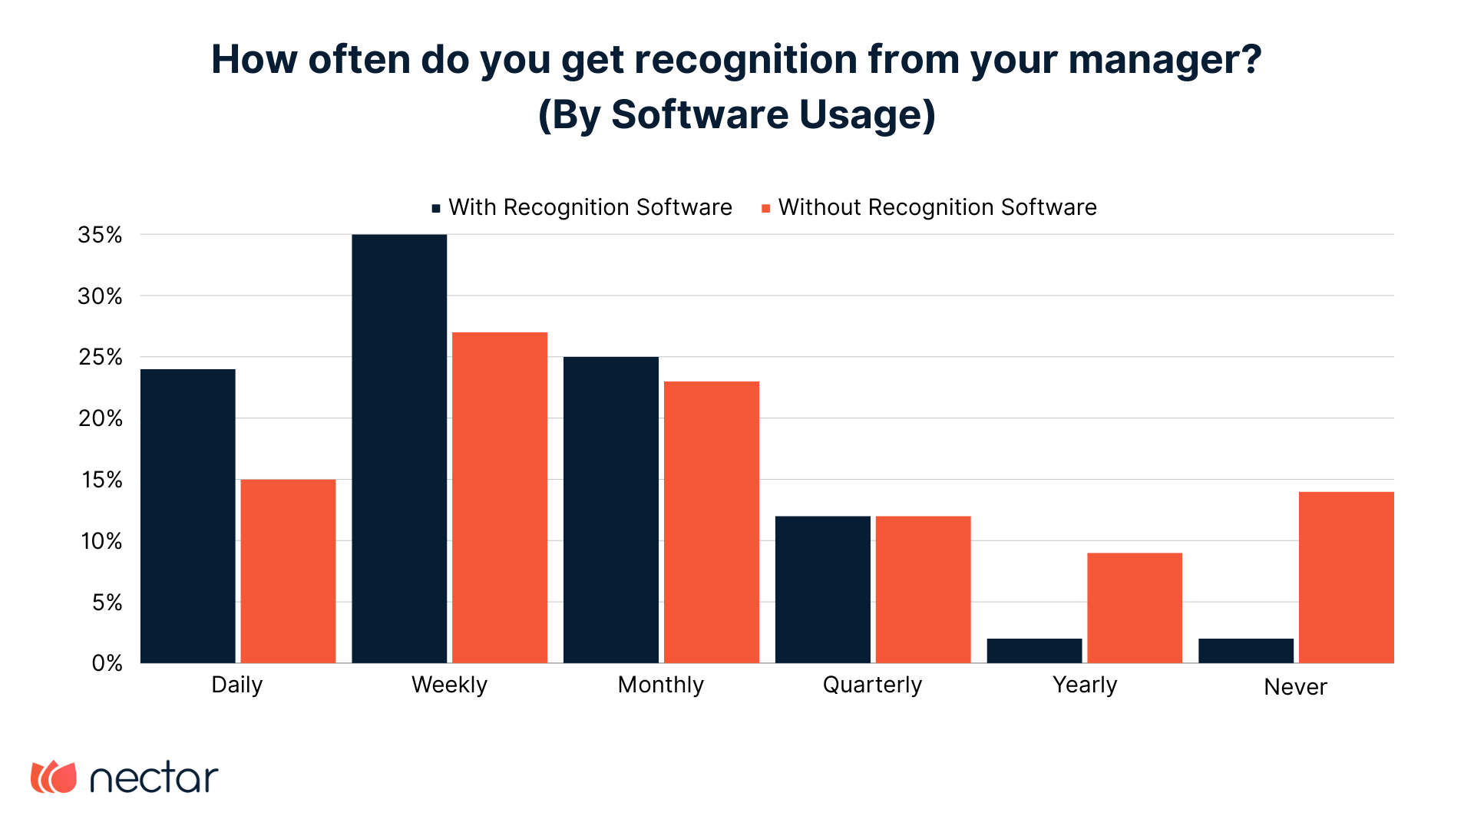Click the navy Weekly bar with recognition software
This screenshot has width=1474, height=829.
pyautogui.click(x=399, y=448)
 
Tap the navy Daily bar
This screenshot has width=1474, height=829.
pyautogui.click(x=188, y=516)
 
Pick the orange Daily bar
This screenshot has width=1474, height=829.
pyautogui.click(x=288, y=571)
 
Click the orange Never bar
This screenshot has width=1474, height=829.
pyautogui.click(x=1346, y=577)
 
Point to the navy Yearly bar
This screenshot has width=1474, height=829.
pyautogui.click(x=1034, y=651)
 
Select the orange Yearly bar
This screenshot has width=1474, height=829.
pyautogui.click(x=1135, y=608)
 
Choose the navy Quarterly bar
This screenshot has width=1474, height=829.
pyautogui.click(x=823, y=590)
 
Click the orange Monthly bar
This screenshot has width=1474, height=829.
pyautogui.click(x=712, y=522)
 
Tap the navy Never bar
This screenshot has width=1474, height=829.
pyautogui.click(x=1246, y=651)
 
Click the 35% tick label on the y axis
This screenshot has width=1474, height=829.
pyautogui.click(x=100, y=235)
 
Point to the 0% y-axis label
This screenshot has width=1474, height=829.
pyautogui.click(x=107, y=663)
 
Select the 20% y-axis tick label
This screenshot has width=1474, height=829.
pyautogui.click(x=100, y=418)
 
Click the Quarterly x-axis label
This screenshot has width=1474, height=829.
pyautogui.click(x=872, y=685)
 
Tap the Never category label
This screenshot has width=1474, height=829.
pyautogui.click(x=1295, y=687)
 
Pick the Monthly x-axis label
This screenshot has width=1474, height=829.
pyautogui.click(x=660, y=685)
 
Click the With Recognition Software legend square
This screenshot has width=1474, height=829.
pyautogui.click(x=436, y=208)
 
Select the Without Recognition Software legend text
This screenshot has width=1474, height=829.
pyautogui.click(x=937, y=207)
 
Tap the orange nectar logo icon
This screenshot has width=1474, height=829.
pyautogui.click(x=54, y=778)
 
